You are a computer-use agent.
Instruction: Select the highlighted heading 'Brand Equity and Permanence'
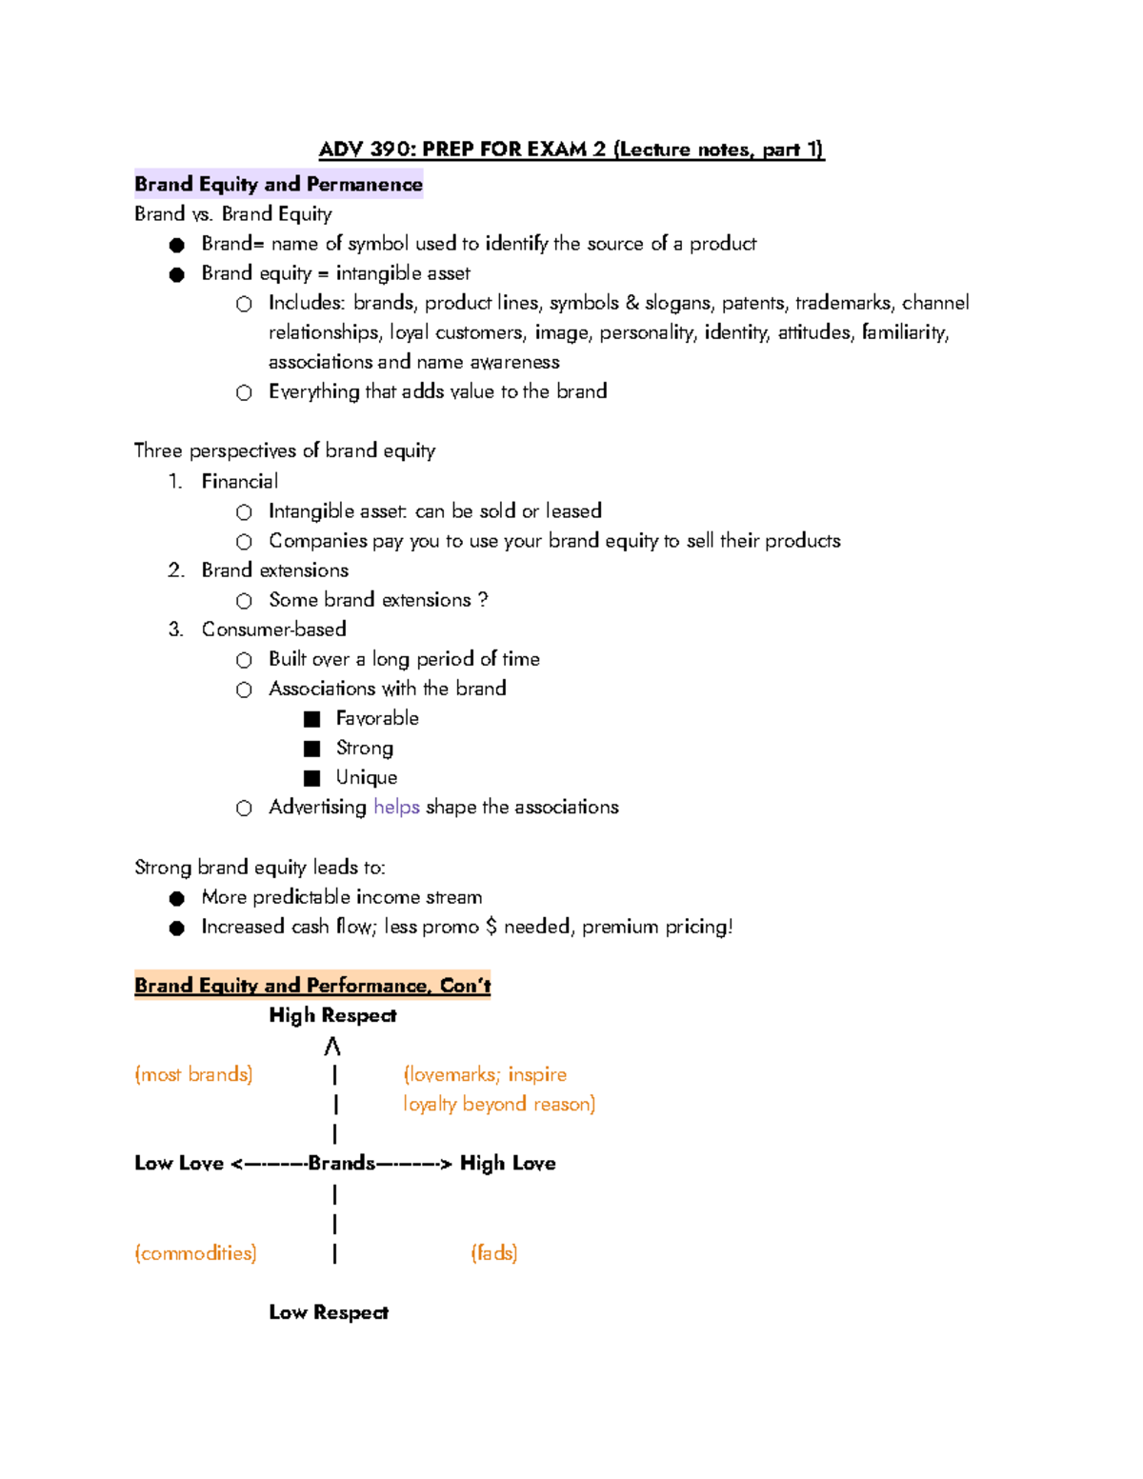278,184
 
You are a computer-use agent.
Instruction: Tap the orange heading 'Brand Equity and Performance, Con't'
312,985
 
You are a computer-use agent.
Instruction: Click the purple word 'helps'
396,807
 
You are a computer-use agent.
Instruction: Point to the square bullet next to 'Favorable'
311,719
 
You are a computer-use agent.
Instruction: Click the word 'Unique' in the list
366,777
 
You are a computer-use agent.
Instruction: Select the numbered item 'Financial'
239,481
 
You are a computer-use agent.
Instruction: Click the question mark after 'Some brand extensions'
483,599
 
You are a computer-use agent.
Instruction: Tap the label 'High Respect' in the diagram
332,1015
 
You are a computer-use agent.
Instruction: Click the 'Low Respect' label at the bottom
329,1312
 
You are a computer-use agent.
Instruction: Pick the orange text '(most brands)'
193,1074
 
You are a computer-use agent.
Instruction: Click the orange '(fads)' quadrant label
493,1252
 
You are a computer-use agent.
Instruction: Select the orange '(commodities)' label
195,1252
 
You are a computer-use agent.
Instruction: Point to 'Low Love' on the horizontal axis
179,1163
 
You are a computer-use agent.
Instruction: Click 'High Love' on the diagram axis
508,1163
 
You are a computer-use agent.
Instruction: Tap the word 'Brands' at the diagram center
341,1163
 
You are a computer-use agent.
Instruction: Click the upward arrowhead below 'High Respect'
331,1047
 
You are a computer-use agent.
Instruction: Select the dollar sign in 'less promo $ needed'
491,926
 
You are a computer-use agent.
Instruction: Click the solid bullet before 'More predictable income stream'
176,898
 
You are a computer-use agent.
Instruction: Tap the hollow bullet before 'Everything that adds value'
244,392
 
